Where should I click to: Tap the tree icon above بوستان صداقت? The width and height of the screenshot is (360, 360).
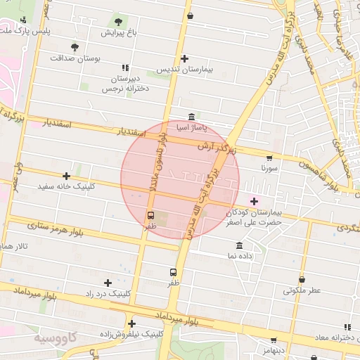click(75, 47)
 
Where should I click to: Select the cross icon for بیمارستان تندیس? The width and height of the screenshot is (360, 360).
click(184, 59)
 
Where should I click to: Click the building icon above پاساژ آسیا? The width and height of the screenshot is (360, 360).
click(192, 117)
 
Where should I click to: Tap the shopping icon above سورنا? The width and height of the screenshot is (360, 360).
click(269, 158)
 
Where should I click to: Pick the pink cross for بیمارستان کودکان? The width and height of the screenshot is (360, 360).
click(254, 201)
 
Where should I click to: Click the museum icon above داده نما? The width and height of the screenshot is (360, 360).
click(240, 245)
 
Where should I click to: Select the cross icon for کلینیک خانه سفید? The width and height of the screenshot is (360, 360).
click(67, 176)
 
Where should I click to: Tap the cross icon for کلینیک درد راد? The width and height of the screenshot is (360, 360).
click(108, 282)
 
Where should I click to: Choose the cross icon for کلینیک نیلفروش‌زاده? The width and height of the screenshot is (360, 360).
click(131, 323)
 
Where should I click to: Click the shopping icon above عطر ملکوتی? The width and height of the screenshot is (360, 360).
click(302, 279)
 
